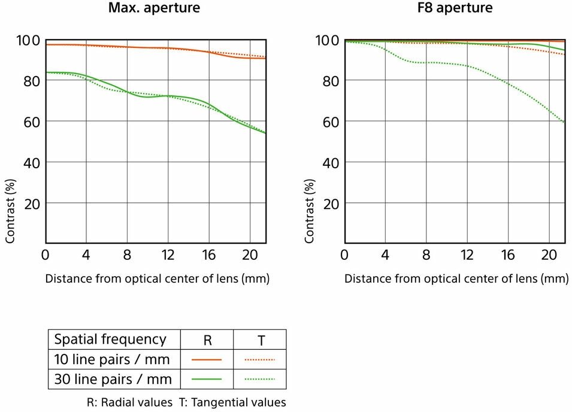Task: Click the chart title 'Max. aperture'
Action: [154, 8]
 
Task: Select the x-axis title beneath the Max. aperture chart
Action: [157, 278]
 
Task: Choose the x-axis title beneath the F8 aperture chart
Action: [456, 278]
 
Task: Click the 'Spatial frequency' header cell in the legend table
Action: [110, 340]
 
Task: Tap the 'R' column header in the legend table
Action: [207, 340]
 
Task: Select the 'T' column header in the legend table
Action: [261, 340]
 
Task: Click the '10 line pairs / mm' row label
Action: [112, 359]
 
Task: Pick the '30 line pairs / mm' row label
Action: [113, 379]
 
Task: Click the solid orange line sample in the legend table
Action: [207, 359]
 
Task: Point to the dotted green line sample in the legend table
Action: [260, 379]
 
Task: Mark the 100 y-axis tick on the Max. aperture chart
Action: [28, 40]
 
